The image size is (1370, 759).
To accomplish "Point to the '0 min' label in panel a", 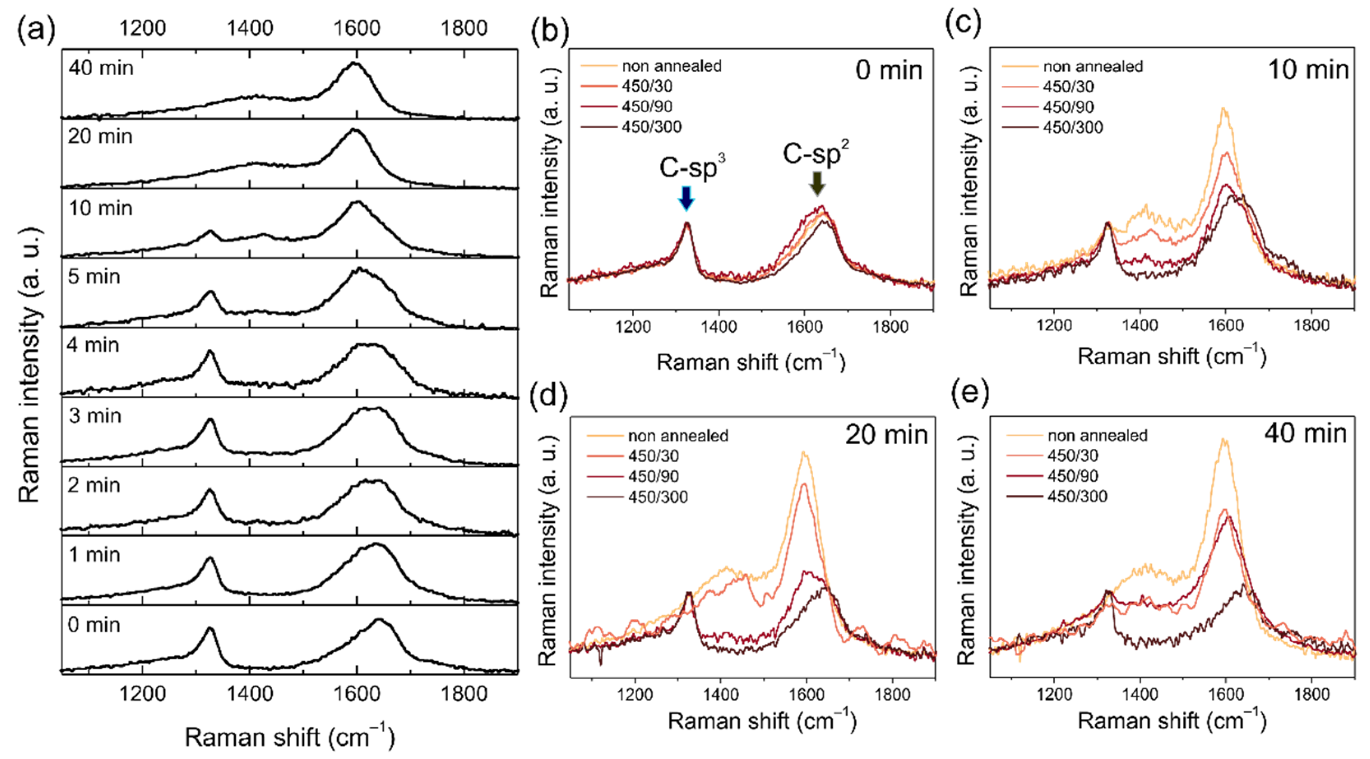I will point(94,625).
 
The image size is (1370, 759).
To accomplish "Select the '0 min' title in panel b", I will point(888,70).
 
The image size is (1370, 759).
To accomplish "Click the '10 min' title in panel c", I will point(1308,69).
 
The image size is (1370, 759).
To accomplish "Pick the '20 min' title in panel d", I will point(886,435).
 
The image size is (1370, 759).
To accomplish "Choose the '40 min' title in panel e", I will point(1305,433).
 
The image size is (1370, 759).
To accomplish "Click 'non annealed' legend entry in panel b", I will point(671,66).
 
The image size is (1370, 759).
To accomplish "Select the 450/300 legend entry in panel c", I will point(1073,127).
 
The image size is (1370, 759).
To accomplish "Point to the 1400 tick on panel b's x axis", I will point(718,326).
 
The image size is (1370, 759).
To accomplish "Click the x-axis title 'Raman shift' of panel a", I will point(289,738).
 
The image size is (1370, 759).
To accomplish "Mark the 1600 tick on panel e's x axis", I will point(1225,694).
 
